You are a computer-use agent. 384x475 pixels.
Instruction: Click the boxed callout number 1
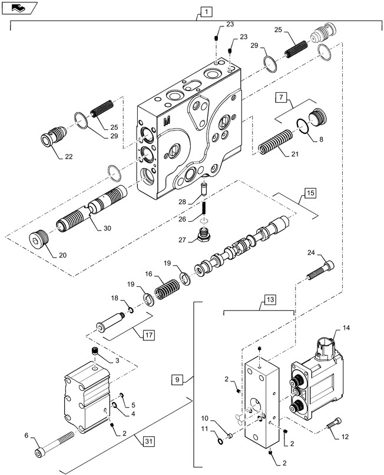[204, 11]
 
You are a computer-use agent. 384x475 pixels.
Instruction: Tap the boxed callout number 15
[310, 193]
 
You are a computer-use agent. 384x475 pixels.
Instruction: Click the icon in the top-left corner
[20, 8]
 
